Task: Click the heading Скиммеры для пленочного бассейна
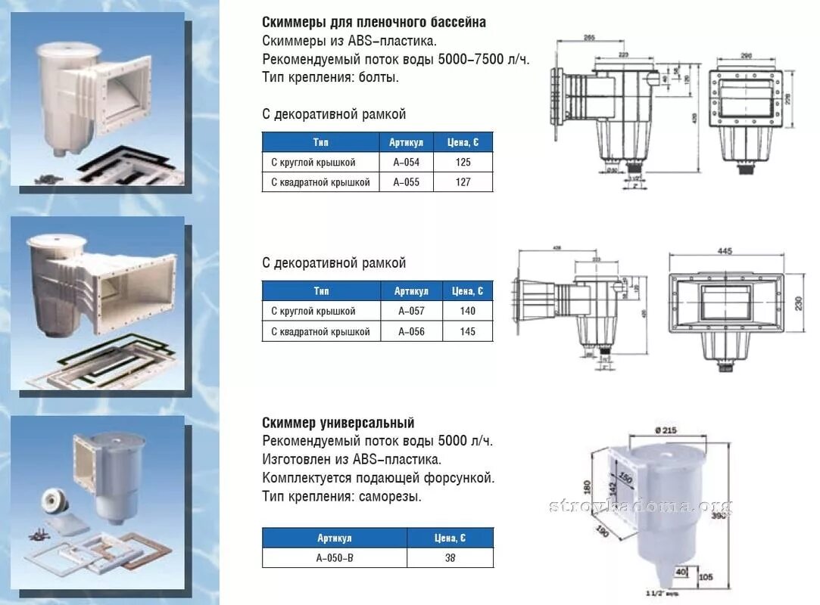(374, 23)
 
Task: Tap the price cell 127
(463, 182)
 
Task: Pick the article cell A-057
(410, 311)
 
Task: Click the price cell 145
(467, 331)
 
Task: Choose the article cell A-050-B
(334, 558)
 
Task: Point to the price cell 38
(450, 558)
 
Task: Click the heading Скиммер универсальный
(338, 423)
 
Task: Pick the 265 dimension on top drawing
(591, 39)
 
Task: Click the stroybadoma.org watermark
(641, 506)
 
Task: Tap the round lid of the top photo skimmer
(67, 52)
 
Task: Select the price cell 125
(463, 163)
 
